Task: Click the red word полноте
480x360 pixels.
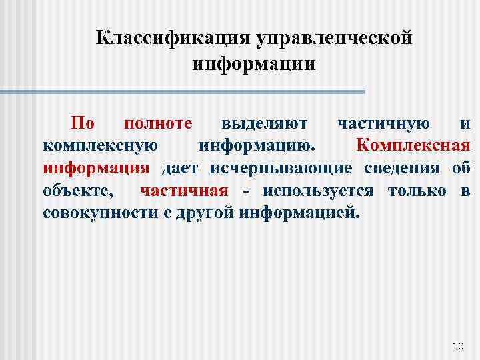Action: coord(158,123)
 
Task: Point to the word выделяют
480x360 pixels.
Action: coord(265,123)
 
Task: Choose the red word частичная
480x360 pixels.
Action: coord(184,191)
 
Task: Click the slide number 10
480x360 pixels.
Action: coord(457,345)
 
